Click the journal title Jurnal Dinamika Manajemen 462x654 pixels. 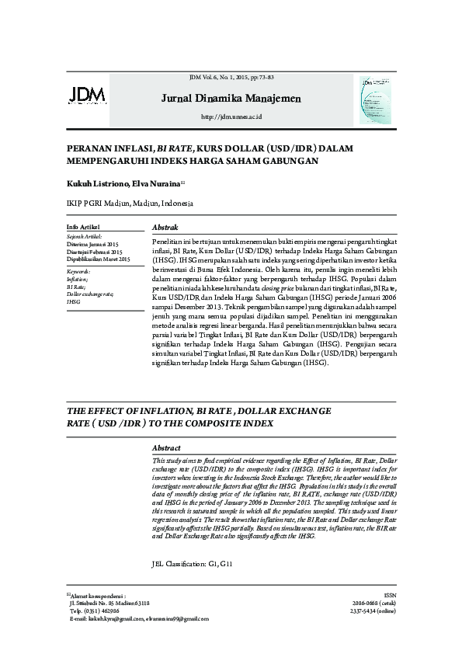[x=231, y=99]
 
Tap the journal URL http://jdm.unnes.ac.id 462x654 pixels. [x=231, y=117]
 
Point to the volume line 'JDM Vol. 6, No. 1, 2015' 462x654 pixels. [x=231, y=78]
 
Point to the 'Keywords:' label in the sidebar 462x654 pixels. [x=79, y=271]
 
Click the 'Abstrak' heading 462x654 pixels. [x=165, y=227]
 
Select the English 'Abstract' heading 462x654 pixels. [x=167, y=449]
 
